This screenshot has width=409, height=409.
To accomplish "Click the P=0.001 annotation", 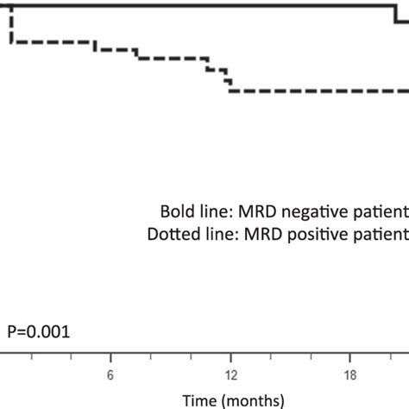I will click(39, 330).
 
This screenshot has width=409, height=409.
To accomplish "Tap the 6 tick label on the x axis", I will click(110, 374).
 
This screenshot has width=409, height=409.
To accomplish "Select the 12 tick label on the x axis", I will click(231, 374).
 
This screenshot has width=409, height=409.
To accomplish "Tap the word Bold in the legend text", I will click(175, 212).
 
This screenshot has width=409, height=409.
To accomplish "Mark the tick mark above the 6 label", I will click(110, 356).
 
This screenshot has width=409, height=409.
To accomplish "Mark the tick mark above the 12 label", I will click(231, 356).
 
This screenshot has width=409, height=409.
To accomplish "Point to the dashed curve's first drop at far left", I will click(10, 26).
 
